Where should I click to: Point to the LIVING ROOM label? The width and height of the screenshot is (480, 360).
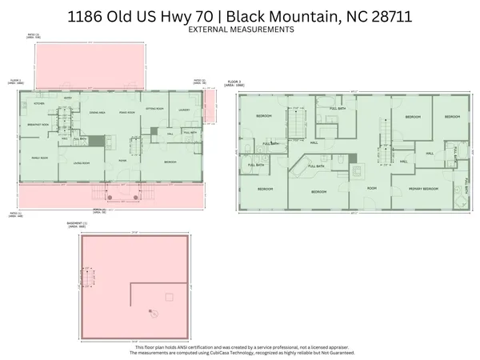coord(82,162)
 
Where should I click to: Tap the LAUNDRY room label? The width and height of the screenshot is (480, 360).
coord(183,110)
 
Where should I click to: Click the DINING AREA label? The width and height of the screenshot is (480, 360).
coord(98,112)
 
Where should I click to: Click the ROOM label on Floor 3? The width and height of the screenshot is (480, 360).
coord(371,187)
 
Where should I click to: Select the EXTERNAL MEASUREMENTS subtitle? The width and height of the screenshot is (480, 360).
coord(240,29)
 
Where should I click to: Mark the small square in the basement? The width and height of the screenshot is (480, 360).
coord(169,298)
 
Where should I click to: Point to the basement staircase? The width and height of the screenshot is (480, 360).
coord(86,278)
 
